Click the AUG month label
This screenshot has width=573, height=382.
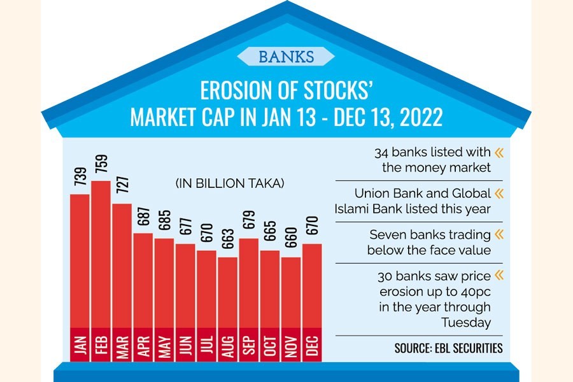click(x=227, y=344)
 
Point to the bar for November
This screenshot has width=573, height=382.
click(x=290, y=293)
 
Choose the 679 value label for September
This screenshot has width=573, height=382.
click(x=248, y=220)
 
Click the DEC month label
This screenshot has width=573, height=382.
click(x=311, y=344)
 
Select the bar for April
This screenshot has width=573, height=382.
click(x=143, y=280)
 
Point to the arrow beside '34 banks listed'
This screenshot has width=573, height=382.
click(x=499, y=153)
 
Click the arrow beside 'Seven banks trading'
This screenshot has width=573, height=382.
click(x=499, y=235)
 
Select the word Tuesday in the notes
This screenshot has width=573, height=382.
click(x=466, y=323)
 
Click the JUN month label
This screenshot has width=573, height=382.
click(x=185, y=344)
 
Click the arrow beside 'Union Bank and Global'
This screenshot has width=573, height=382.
click(x=499, y=193)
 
